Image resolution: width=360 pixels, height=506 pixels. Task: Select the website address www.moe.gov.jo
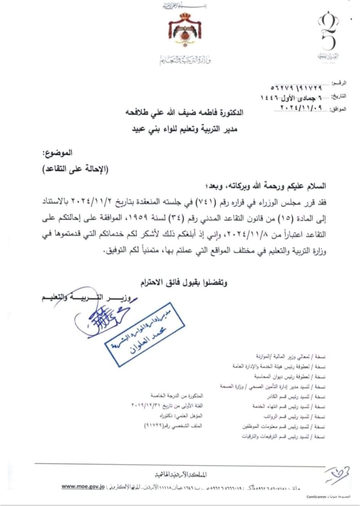(83, 487)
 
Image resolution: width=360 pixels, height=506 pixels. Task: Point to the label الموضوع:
(57, 154)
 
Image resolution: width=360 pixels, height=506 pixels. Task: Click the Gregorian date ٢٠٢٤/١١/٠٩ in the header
(301, 108)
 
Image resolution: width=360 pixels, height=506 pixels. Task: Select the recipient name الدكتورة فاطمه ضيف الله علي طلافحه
(184, 113)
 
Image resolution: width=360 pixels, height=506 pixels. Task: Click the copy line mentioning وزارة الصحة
(273, 386)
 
